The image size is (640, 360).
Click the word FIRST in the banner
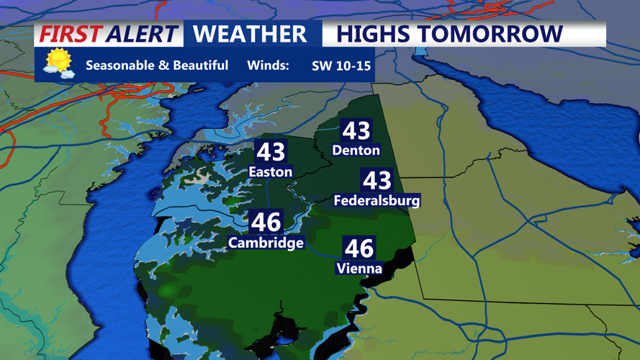pos(70,34)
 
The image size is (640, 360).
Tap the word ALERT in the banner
pos(141,34)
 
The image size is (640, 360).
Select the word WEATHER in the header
pos(250,34)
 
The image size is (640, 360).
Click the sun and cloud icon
pos(58,63)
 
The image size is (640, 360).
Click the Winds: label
pos(268,66)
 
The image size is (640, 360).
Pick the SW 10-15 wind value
pos(341,66)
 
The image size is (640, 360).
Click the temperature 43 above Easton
pos(271,152)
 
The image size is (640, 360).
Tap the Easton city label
pos(270,172)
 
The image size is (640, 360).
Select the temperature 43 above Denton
pos(356,130)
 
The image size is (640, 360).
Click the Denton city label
pos(356,150)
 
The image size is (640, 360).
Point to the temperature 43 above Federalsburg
pos(377,180)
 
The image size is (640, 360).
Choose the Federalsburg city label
pos(377,201)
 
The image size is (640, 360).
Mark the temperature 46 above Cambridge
pos(266,222)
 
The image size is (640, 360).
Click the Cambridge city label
pos(266,243)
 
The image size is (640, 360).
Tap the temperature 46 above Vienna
pos(359,248)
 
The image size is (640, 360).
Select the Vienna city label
pos(359,269)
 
